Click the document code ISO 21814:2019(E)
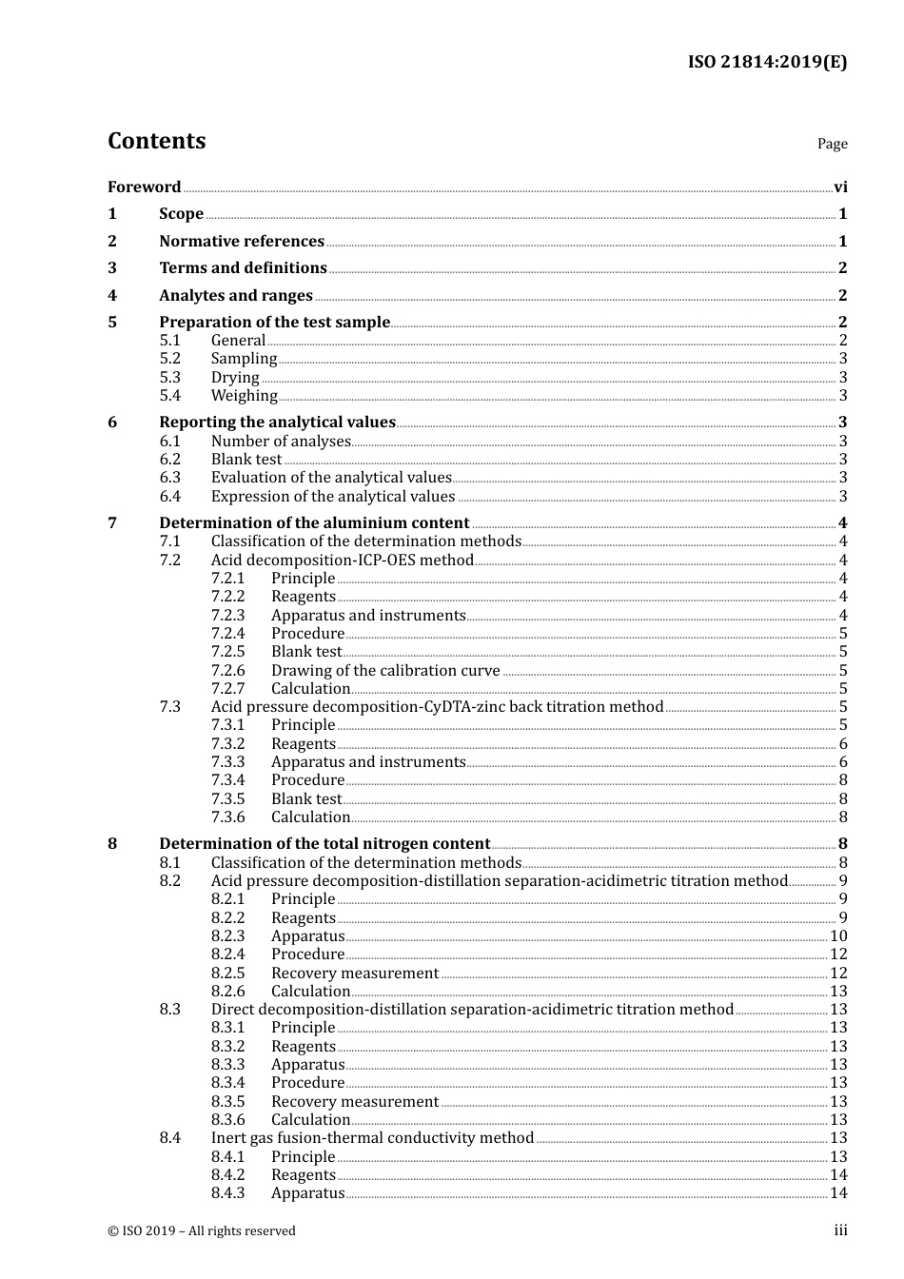767,62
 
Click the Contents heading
156,141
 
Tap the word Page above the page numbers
832,144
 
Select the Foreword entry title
144,187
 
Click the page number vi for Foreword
839,187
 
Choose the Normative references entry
242,241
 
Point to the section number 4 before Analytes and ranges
112,295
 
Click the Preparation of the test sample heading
274,322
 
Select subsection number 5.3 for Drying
170,377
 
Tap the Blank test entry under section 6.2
246,459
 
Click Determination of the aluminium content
314,522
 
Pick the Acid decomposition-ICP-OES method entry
342,560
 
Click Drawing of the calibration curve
385,670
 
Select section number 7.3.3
227,761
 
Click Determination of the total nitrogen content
324,843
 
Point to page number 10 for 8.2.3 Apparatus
837,935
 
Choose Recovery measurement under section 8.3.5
355,1101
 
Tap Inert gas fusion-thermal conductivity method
372,1137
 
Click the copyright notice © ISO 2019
202,1230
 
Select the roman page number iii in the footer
840,1230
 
